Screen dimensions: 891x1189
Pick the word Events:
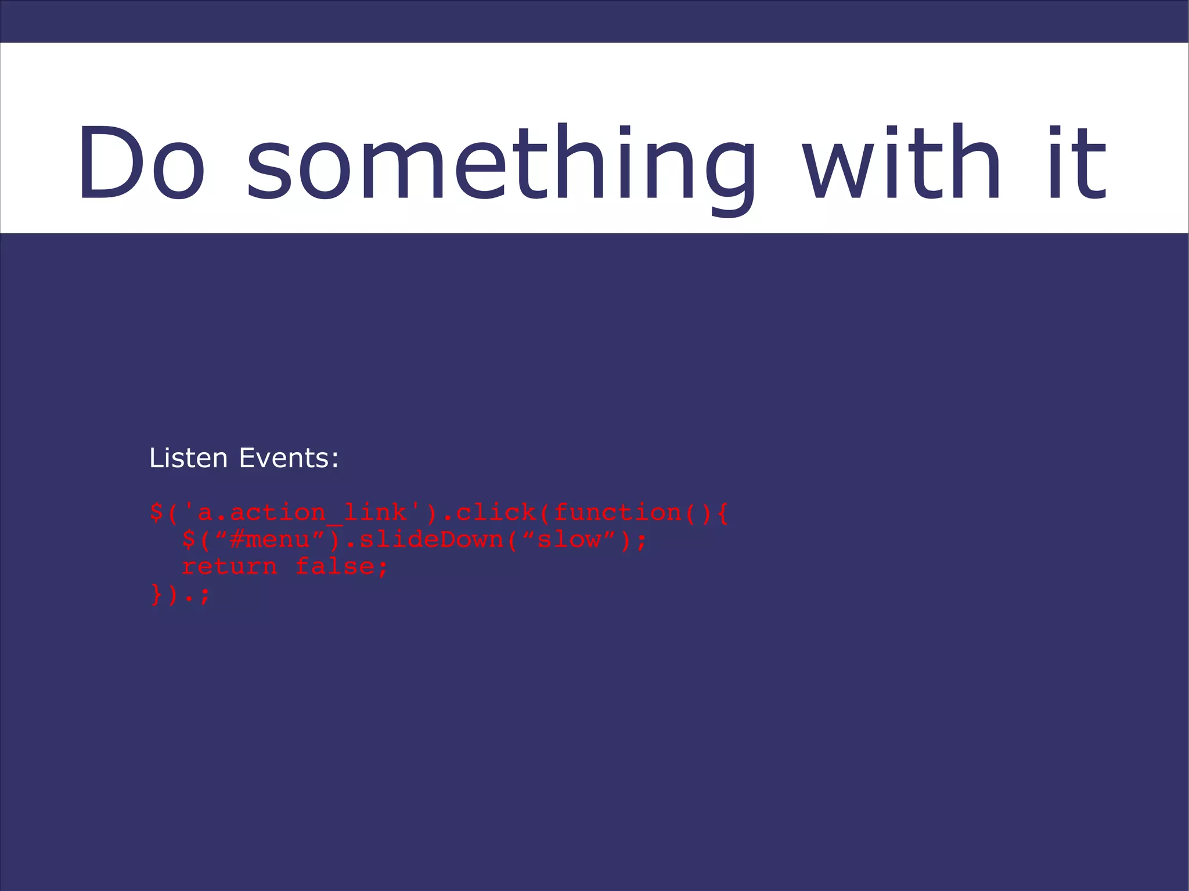[x=289, y=458]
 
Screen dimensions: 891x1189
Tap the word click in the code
[x=496, y=513]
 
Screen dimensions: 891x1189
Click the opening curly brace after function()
[x=722, y=513]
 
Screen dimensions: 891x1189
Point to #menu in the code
[x=270, y=540]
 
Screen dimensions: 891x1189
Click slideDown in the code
[x=431, y=540]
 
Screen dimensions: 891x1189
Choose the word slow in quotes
[x=569, y=540]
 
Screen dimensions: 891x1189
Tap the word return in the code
[x=229, y=567]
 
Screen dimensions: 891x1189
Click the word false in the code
[x=335, y=567]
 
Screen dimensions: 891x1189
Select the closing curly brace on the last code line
[x=156, y=594]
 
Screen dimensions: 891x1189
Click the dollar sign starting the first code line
[x=156, y=513]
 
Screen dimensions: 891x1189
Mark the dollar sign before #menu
[x=189, y=540]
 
